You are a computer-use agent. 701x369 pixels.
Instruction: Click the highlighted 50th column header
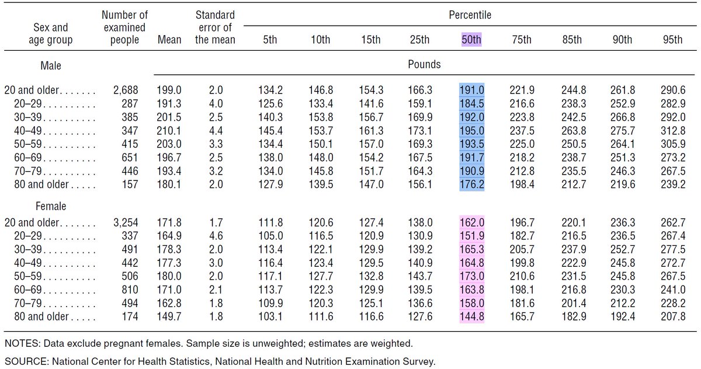pyautogui.click(x=471, y=40)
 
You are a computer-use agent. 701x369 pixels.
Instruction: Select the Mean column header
pyautogui.click(x=169, y=40)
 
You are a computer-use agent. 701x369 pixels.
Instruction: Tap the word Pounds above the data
pyautogui.click(x=424, y=64)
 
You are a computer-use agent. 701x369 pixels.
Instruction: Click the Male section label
pyautogui.click(x=51, y=65)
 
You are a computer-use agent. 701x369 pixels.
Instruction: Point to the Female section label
pyautogui.click(x=51, y=206)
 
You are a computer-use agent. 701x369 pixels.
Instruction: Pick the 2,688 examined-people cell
pyautogui.click(x=126, y=90)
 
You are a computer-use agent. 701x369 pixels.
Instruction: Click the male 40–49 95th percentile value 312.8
pyautogui.click(x=673, y=131)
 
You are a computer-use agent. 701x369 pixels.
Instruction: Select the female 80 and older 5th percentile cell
pyautogui.click(x=270, y=316)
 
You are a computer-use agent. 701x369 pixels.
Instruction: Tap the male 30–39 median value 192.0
pyautogui.click(x=471, y=117)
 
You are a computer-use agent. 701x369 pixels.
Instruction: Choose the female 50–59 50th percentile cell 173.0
pyautogui.click(x=471, y=276)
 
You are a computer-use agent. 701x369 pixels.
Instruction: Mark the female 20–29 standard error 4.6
pyautogui.click(x=216, y=236)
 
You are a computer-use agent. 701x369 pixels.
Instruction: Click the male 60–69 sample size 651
pyautogui.click(x=130, y=157)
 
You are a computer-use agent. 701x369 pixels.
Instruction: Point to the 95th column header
pyautogui.click(x=672, y=40)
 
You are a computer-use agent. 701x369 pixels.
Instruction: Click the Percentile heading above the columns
pyautogui.click(x=470, y=15)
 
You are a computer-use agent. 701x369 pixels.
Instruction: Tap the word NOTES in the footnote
pyautogui.click(x=23, y=343)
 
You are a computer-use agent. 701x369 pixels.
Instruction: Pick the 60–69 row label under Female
pyautogui.click(x=28, y=290)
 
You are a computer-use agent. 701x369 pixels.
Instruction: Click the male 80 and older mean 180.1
pyautogui.click(x=169, y=184)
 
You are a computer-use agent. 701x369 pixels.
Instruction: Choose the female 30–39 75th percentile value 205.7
pyautogui.click(x=522, y=249)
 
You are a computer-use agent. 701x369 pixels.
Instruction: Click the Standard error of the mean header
pyautogui.click(x=215, y=27)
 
